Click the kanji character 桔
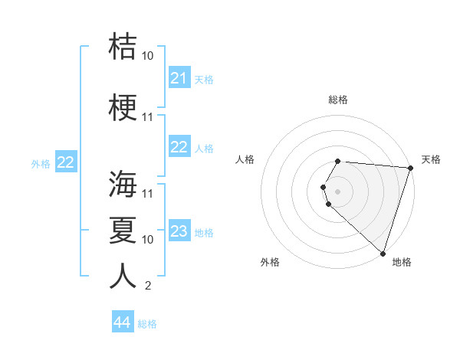[123, 47]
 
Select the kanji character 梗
[123, 108]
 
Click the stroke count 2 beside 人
[147, 286]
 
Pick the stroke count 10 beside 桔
[148, 56]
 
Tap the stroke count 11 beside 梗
[148, 117]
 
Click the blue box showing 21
[179, 78]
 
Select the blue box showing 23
[179, 232]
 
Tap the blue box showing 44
[123, 322]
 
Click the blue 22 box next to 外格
[66, 162]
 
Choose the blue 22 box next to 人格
[179, 147]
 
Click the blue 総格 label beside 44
[147, 324]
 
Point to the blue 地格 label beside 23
[204, 233]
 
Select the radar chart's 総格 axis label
[338, 100]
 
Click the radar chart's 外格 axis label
[270, 262]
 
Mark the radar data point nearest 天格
[410, 168]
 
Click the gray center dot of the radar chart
[338, 191]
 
